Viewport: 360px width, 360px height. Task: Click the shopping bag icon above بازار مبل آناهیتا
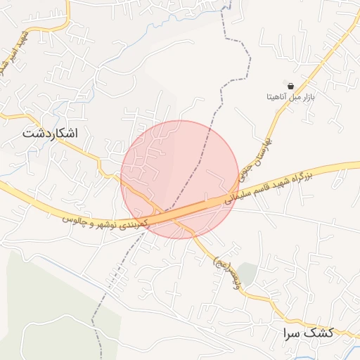coord(290,85)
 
